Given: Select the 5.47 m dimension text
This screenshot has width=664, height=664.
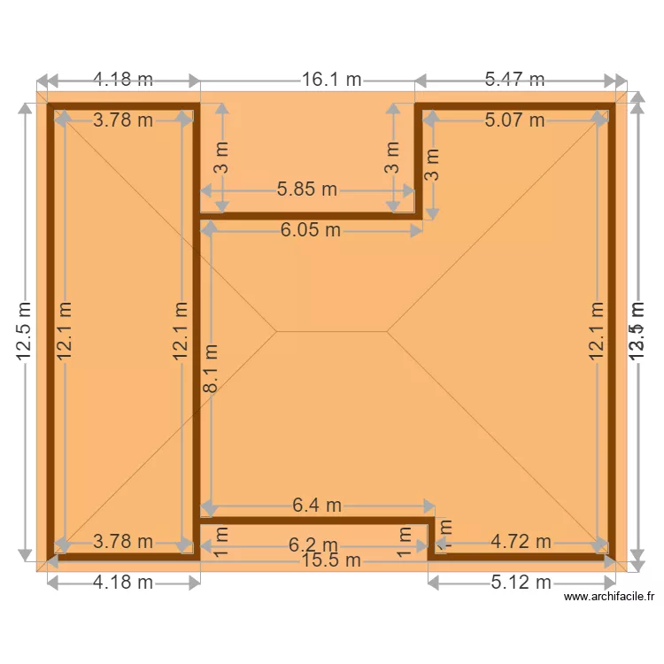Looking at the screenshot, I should [514, 80].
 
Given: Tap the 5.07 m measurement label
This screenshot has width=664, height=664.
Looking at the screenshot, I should [514, 120].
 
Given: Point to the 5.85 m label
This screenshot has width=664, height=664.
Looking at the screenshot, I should [307, 189].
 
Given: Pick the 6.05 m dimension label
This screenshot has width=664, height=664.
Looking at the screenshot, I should [311, 230].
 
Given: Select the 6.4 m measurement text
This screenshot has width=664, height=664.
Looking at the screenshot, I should [317, 506].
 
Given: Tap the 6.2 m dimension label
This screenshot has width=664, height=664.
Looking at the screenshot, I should [313, 545].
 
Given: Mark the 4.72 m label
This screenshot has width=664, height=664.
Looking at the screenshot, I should [521, 541].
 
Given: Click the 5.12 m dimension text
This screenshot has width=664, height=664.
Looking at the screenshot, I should [521, 582].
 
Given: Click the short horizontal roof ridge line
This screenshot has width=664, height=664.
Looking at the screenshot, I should [331, 331].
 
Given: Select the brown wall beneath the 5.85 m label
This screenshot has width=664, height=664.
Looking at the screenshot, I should [307, 215].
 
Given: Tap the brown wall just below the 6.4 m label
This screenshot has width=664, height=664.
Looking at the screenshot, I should [317, 521].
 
